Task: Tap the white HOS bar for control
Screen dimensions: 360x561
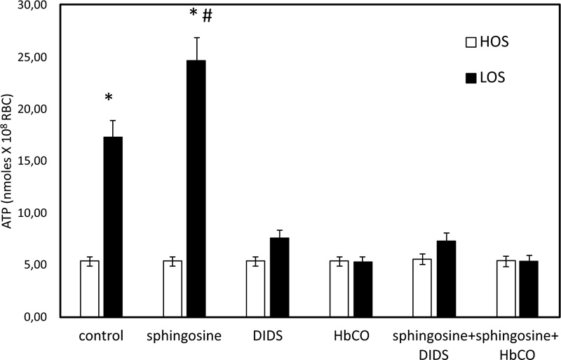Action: point(90,288)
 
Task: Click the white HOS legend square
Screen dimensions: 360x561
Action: point(471,43)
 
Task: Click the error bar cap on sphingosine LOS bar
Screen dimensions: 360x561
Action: point(197,38)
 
